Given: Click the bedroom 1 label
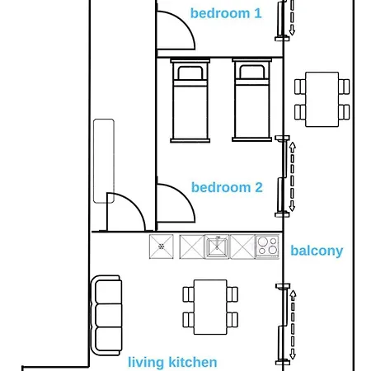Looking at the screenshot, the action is (226, 13).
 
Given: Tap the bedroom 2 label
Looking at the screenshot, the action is (227, 187).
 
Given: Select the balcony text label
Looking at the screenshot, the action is (317, 251).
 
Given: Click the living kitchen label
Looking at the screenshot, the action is (172, 362).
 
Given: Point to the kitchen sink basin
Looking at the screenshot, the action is (218, 247).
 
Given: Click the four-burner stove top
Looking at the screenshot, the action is (267, 247).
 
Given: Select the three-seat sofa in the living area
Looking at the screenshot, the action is (106, 315).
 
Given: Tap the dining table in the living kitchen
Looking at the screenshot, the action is (210, 307).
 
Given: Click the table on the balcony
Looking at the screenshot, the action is (322, 100).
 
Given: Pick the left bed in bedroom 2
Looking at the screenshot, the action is (190, 101).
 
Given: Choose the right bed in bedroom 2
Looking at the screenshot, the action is (251, 100).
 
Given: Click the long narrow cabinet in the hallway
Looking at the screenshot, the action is (104, 161).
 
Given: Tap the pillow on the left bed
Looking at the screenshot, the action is (190, 73).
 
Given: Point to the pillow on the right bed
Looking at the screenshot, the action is (252, 72).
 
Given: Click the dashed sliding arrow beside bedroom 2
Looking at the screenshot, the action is (292, 176).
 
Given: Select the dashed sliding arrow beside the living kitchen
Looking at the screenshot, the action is (293, 325).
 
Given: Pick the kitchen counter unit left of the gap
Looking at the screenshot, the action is (162, 247).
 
